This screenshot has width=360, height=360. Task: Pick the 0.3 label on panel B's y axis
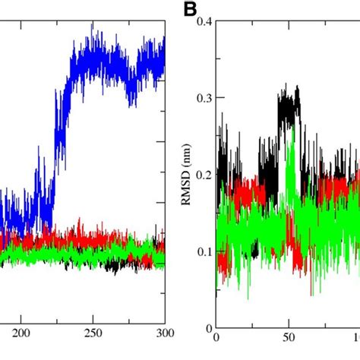pyautogui.click(x=201, y=97)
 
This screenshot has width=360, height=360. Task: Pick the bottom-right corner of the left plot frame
pyautogui.click(x=165, y=327)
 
